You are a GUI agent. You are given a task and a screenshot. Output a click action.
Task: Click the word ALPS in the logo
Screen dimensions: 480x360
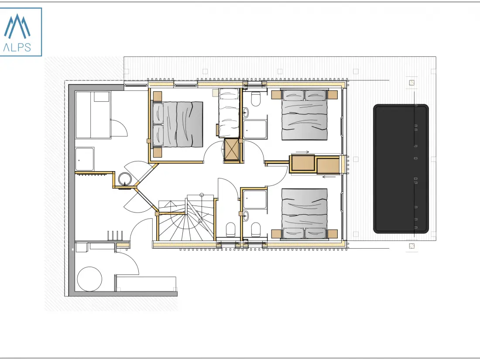[17, 47]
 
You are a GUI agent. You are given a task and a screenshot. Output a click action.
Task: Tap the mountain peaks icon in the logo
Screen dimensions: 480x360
[17, 26]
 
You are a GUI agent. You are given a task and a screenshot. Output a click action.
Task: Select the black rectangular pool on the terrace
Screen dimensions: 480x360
[401, 169]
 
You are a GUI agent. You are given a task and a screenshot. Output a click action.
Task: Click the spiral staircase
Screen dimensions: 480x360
[186, 217]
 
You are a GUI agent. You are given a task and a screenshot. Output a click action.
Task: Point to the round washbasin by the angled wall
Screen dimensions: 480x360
[125, 179]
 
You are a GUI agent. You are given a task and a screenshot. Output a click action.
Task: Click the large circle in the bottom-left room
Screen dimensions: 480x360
[89, 279]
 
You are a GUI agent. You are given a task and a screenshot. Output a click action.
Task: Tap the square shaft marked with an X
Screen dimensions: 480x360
[231, 149]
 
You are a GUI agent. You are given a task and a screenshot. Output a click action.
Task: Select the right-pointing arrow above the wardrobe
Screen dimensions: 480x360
[302, 152]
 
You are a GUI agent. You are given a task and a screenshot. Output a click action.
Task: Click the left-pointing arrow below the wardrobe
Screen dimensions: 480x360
[329, 176]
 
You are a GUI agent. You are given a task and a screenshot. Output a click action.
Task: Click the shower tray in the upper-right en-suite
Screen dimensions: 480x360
[255, 129]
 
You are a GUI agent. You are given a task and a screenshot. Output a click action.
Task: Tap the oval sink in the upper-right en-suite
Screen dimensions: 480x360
[246, 113]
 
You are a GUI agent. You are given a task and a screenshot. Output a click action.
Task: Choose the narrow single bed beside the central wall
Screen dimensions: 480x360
[229, 113]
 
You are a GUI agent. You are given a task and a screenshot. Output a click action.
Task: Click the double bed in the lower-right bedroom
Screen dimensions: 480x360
[304, 214]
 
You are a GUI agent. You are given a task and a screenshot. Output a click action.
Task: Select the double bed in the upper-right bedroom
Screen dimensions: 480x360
[304, 115]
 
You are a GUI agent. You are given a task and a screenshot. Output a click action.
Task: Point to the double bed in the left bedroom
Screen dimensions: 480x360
[178, 124]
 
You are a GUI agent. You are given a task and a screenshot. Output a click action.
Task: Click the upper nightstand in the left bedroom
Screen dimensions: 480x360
[158, 96]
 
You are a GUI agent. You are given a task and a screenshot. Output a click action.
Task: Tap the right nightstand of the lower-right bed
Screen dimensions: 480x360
[333, 234]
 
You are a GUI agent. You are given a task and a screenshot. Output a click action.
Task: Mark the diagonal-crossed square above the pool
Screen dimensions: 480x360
[412, 82]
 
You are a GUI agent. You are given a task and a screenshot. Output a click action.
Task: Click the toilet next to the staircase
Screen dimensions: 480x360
[230, 230]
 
